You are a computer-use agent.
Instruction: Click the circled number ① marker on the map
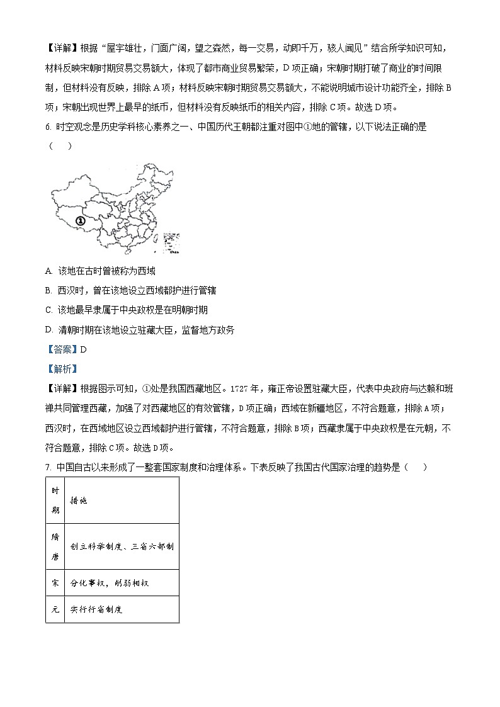pyautogui.click(x=80, y=221)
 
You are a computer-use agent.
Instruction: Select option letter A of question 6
pyautogui.click(x=48, y=271)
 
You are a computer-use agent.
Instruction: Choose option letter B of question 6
pyautogui.click(x=48, y=290)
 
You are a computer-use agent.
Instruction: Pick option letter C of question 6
pyautogui.click(x=48, y=310)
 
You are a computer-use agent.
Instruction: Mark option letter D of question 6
pyautogui.click(x=48, y=329)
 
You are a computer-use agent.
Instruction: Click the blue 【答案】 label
pyautogui.click(x=62, y=349)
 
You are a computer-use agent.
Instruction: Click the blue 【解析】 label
pyautogui.click(x=62, y=369)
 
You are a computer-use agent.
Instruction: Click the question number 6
pyautogui.click(x=48, y=127)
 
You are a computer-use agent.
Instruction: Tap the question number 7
pyautogui.click(x=48, y=467)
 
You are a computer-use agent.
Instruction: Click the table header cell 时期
pyautogui.click(x=55, y=501)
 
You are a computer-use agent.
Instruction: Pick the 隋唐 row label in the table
pyautogui.click(x=55, y=546)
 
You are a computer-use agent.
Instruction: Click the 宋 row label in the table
pyautogui.click(x=55, y=583)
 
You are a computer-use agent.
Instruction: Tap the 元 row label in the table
pyautogui.click(x=55, y=609)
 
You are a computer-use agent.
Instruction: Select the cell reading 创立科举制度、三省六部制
pyautogui.click(x=122, y=546)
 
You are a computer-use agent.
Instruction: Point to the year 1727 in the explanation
pyautogui.click(x=242, y=388)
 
